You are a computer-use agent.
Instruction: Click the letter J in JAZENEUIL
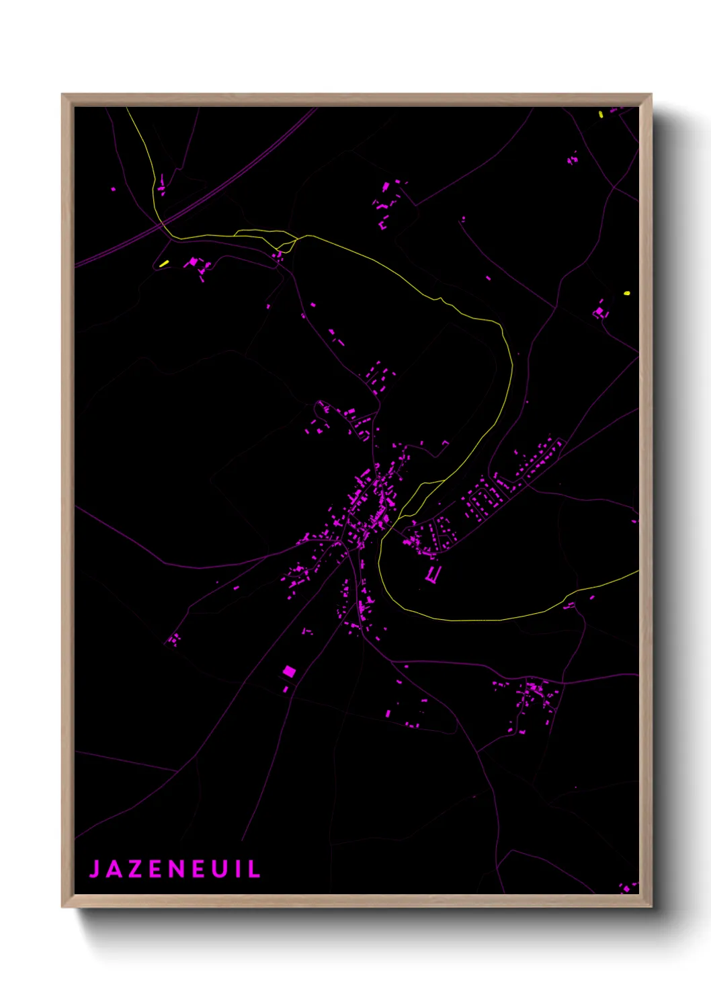click(95, 869)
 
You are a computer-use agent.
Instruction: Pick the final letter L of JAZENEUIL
click(255, 869)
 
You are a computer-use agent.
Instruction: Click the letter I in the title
click(238, 869)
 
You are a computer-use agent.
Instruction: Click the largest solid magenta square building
click(289, 670)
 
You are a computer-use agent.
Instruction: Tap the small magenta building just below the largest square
click(286, 689)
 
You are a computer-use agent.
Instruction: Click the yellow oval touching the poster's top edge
click(601, 114)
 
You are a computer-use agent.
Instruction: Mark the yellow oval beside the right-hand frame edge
click(627, 293)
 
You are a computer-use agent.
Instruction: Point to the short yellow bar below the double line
click(164, 263)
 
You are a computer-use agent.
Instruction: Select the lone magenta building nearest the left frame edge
click(113, 189)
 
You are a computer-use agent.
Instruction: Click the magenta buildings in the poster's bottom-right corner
click(628, 887)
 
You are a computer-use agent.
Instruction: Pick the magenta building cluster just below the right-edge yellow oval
click(599, 312)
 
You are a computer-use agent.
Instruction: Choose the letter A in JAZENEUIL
click(114, 869)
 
